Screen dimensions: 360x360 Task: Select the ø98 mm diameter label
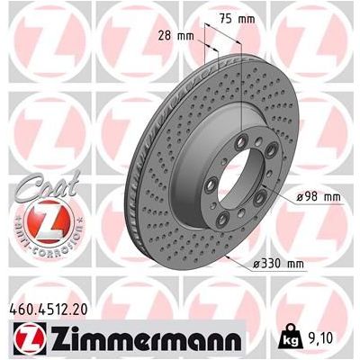(x=316, y=195)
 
